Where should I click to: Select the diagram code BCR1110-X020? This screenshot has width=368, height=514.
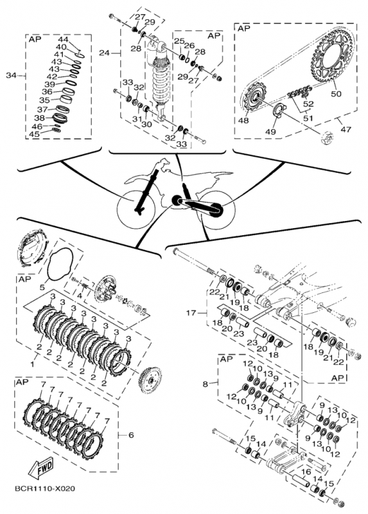point(45,489)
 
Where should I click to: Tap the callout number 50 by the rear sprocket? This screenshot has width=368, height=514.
point(336,93)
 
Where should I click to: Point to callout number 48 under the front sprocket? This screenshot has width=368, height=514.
point(243,120)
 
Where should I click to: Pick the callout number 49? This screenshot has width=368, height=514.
point(270,132)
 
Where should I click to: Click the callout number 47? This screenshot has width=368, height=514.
point(346,129)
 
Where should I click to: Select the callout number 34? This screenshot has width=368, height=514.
point(11,75)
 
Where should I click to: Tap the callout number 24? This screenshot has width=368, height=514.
point(104,53)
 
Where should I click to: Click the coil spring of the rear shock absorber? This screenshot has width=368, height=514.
point(161,78)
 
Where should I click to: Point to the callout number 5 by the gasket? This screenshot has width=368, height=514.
point(42,287)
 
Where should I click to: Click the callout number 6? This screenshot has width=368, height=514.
point(131,435)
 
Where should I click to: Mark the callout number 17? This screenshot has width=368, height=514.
point(191,313)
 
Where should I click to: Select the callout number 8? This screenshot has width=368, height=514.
point(205,384)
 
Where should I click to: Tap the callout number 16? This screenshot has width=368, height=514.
point(306,472)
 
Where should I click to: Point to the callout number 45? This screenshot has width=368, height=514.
point(35,134)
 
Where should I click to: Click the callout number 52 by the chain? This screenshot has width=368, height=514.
point(308,104)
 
